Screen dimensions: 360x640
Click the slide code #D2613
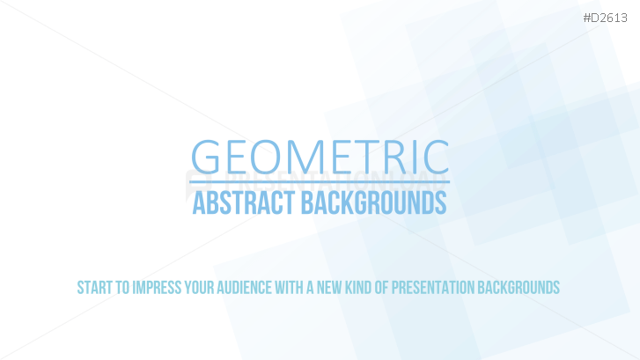611,17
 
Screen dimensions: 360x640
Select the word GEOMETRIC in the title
320,157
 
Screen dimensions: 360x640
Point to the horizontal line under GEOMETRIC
320,182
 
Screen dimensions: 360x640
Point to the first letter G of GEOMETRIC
206,157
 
